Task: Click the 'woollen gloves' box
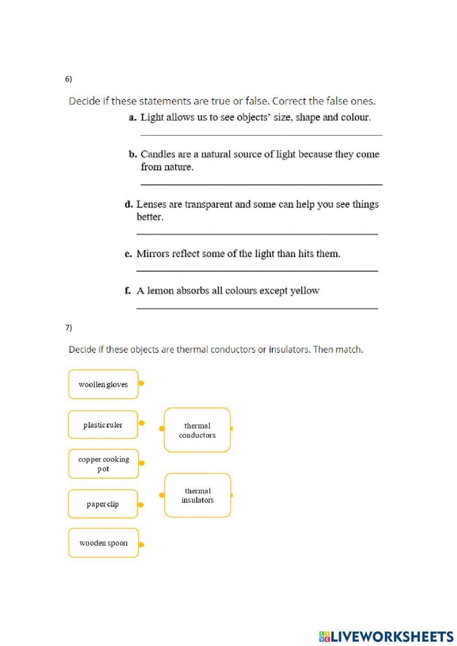coord(103,384)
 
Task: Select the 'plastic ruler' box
coord(103,425)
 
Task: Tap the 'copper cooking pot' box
coord(103,464)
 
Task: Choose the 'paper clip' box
coord(103,504)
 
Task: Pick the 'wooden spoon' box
coord(103,543)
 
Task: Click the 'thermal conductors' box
coord(197,430)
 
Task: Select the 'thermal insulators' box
coord(197,495)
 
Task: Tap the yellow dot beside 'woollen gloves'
coord(141,383)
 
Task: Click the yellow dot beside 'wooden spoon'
coord(141,545)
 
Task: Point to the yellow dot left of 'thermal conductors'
coord(161,428)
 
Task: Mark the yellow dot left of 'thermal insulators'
coord(161,495)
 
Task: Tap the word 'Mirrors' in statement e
coord(153,254)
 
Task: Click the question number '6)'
coord(69,79)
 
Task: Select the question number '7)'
coord(69,328)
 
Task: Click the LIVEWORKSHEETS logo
coord(386,636)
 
